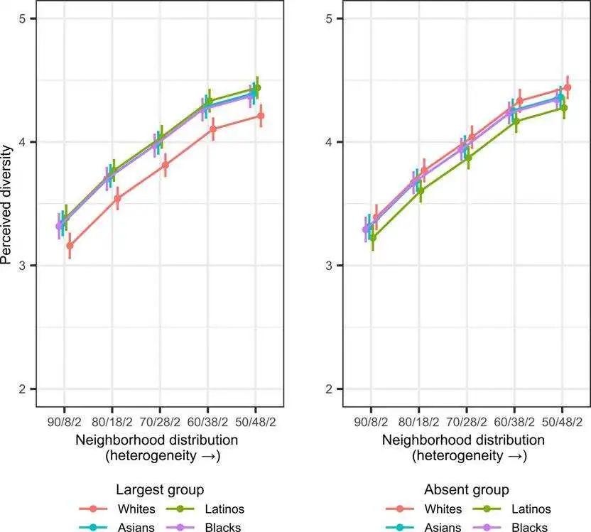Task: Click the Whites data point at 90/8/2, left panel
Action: click(x=70, y=246)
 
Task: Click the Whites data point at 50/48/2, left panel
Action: click(x=261, y=115)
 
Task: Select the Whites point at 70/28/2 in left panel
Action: click(x=166, y=165)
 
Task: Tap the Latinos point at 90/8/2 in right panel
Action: click(x=372, y=238)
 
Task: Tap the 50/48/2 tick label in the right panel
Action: click(x=562, y=422)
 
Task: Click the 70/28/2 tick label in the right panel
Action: click(x=466, y=422)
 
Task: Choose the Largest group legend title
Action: click(x=160, y=489)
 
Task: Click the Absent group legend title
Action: click(x=466, y=489)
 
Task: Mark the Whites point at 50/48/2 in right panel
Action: click(x=568, y=87)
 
